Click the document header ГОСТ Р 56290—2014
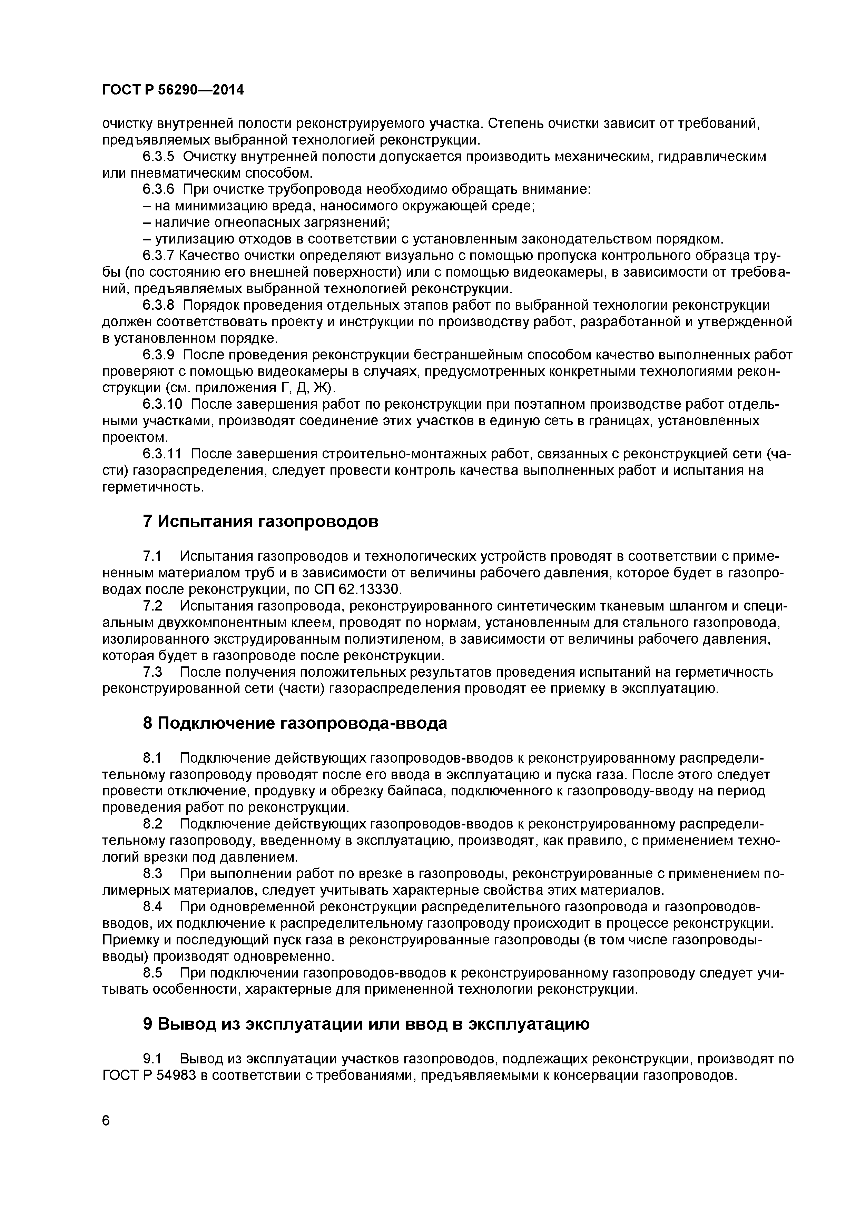coord(173,90)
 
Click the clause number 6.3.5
coord(158,157)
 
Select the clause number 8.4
coord(152,907)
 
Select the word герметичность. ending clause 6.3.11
coord(153,487)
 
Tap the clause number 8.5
coord(152,973)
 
